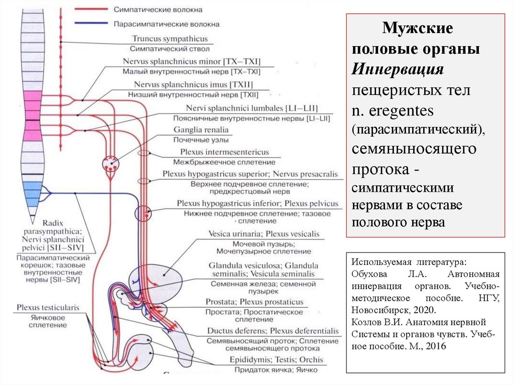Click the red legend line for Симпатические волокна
pyautogui.click(x=91, y=10)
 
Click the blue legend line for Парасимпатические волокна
pyautogui.click(x=91, y=23)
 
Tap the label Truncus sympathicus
pyautogui.click(x=170, y=39)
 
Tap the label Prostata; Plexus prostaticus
pyautogui.click(x=254, y=302)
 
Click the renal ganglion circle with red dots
pyautogui.click(x=111, y=163)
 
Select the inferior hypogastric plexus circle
pyautogui.click(x=143, y=213)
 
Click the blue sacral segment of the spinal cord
pyautogui.click(x=33, y=193)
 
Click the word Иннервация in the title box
pyautogui.click(x=397, y=70)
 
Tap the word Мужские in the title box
pyautogui.click(x=418, y=28)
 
